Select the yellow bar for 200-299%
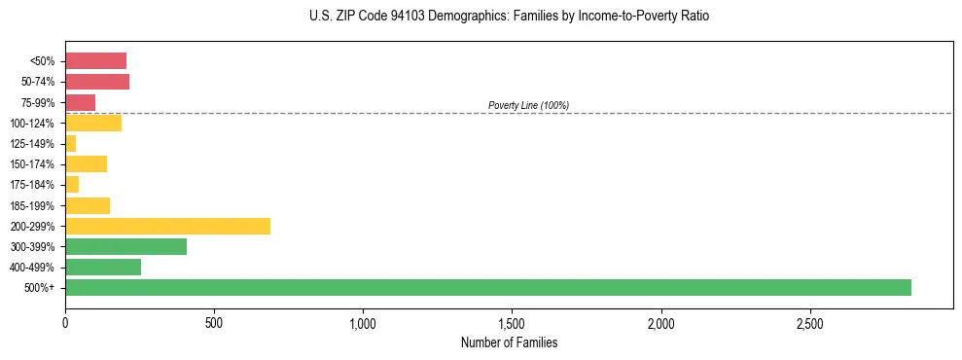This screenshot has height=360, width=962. click(x=167, y=226)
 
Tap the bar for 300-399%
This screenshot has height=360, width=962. click(x=125, y=246)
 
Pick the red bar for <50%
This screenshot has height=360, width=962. click(x=95, y=61)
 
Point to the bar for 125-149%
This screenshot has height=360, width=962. click(x=70, y=144)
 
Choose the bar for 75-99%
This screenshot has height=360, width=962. click(x=80, y=102)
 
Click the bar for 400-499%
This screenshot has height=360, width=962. click(x=103, y=267)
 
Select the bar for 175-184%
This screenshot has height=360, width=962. click(x=72, y=185)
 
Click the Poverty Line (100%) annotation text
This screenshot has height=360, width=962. click(x=528, y=105)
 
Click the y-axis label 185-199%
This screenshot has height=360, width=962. click(x=36, y=205)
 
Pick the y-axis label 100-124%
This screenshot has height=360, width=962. click(x=36, y=124)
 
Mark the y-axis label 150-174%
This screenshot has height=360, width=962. click(x=36, y=164)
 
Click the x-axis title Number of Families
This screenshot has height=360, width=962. click(x=509, y=342)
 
